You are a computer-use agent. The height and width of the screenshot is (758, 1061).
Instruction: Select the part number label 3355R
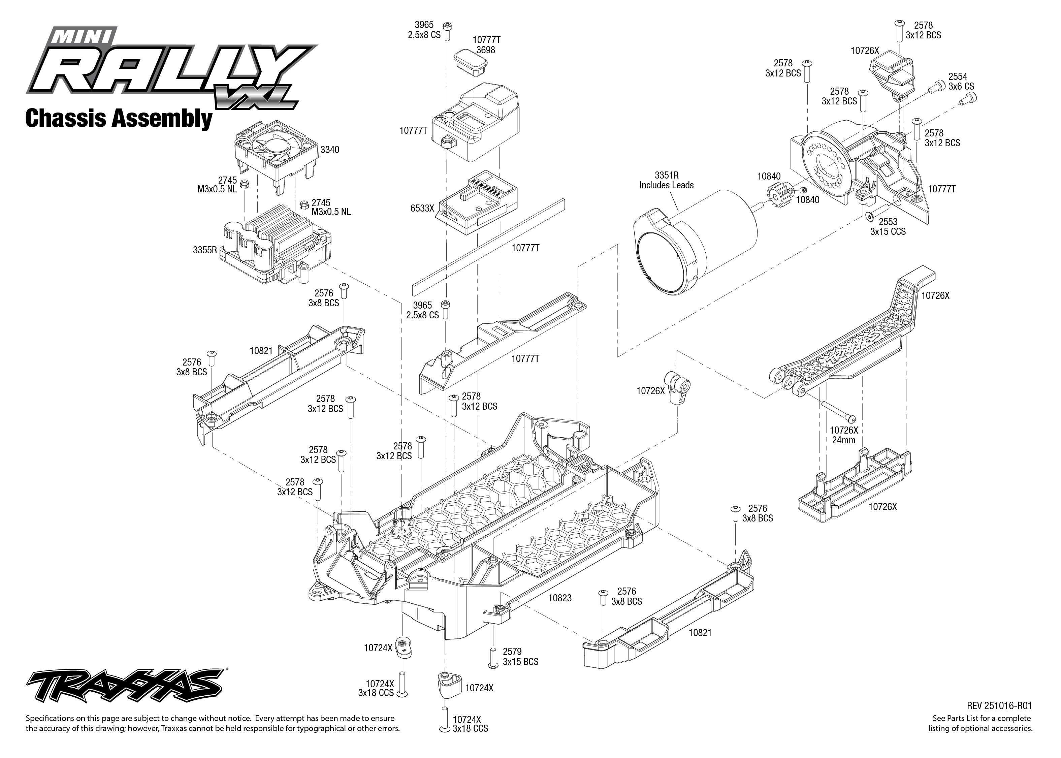point(205,250)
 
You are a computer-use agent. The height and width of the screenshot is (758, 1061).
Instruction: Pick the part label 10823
point(559,598)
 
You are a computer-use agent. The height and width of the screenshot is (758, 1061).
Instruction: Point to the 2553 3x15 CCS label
point(888,226)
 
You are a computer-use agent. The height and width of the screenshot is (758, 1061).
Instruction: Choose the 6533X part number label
point(422,208)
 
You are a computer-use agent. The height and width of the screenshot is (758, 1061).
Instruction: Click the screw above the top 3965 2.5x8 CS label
point(447,27)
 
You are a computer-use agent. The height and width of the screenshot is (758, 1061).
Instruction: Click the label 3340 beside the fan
point(329,149)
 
